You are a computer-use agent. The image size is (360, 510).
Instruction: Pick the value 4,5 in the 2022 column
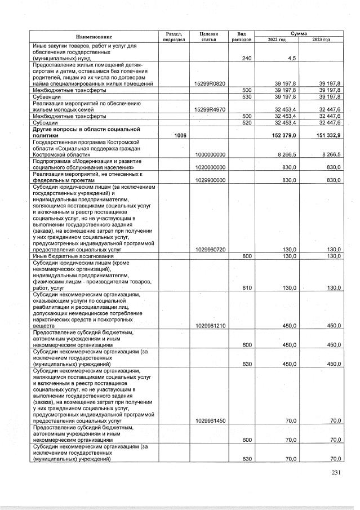click(292, 58)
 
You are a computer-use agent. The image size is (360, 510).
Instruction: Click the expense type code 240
click(246, 58)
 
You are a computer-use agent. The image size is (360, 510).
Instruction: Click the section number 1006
click(179, 135)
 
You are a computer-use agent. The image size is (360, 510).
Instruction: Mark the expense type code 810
click(246, 287)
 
